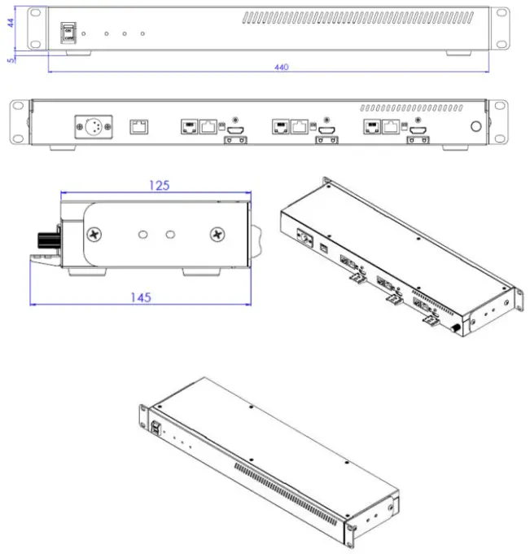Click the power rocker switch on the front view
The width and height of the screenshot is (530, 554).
click(68, 32)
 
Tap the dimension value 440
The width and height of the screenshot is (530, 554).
click(282, 67)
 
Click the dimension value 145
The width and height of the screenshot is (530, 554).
click(140, 297)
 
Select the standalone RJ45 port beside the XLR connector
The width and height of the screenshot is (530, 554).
click(139, 125)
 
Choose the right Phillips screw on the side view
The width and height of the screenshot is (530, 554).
click(217, 235)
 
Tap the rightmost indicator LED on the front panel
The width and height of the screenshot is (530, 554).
click(142, 34)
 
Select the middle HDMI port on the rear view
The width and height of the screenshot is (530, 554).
click(326, 130)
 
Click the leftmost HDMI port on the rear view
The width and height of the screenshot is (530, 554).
click(235, 130)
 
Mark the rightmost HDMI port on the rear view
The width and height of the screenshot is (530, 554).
click(418, 130)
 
